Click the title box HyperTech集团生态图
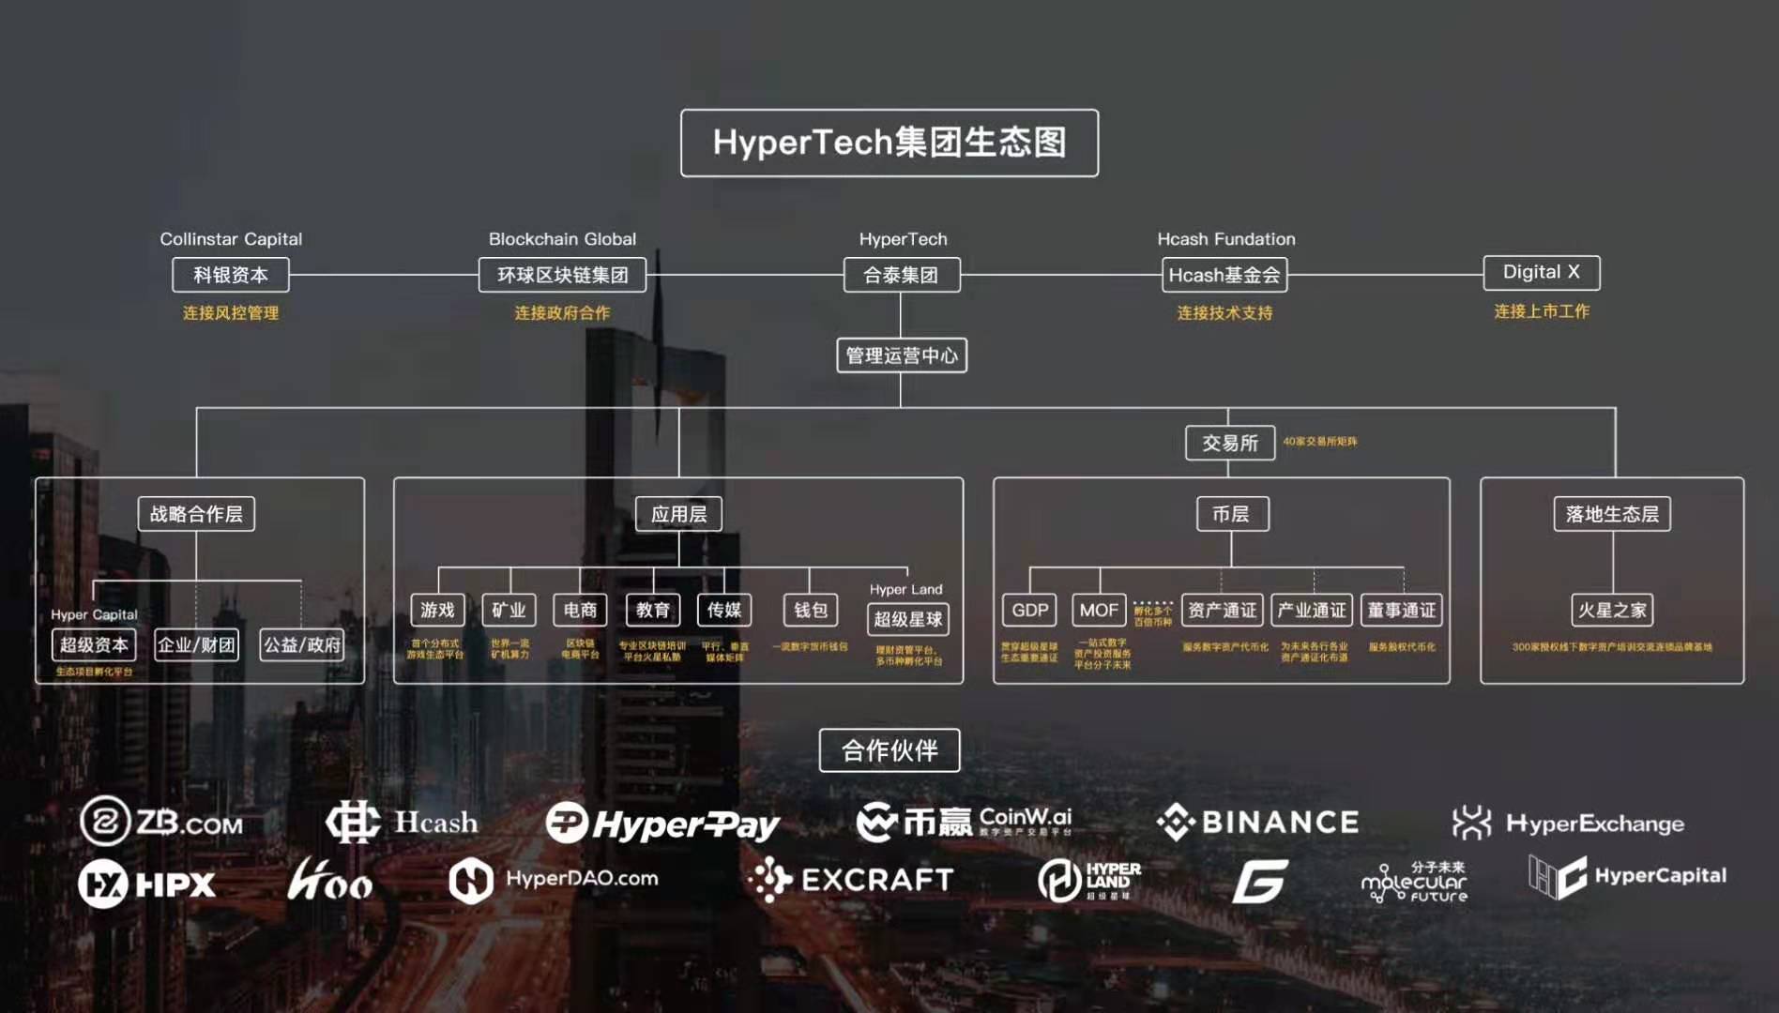pos(889,143)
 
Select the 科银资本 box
pos(231,275)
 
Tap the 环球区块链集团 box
pos(562,275)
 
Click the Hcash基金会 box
pos(1224,275)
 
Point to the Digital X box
pos(1541,272)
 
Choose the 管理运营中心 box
pos(901,355)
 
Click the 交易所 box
pos(1229,443)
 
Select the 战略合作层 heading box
pos(196,514)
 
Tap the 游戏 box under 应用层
pos(437,610)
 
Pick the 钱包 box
pos(810,610)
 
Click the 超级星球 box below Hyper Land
pos(907,619)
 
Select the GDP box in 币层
pos(1029,610)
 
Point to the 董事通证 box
pos(1401,610)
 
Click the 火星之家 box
pos(1611,610)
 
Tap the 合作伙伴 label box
pos(889,750)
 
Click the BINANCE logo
pos(1257,823)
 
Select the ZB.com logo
pos(161,823)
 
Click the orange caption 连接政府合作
pos(562,312)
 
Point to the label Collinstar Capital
pos(231,239)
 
